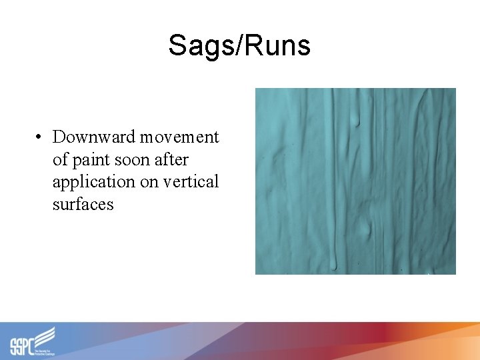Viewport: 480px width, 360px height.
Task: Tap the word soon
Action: [133, 160]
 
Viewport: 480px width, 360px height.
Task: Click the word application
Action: [93, 182]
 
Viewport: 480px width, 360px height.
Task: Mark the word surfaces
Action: [83, 205]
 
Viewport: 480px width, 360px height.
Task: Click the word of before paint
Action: [61, 160]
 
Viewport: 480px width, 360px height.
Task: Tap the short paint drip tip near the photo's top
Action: [355, 122]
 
